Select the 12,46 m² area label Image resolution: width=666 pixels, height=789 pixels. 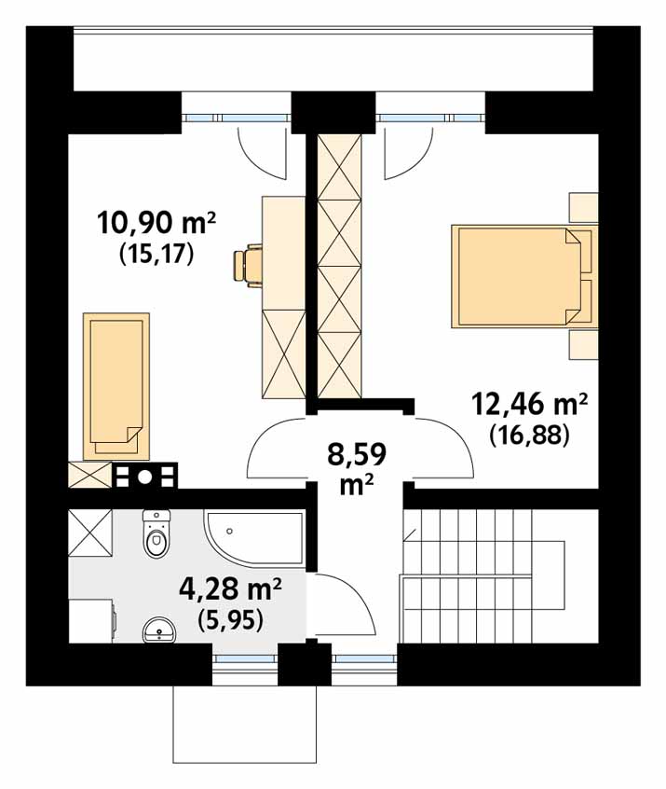pyautogui.click(x=529, y=404)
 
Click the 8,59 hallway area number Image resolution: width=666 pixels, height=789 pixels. pyautogui.click(x=357, y=454)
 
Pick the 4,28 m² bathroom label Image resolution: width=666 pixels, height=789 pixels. pyautogui.click(x=230, y=588)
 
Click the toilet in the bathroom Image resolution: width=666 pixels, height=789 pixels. pyautogui.click(x=156, y=533)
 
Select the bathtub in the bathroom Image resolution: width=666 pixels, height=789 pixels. pyautogui.click(x=254, y=540)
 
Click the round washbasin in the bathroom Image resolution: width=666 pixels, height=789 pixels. pyautogui.click(x=159, y=630)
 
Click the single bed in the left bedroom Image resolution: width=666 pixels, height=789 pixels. pyautogui.click(x=116, y=386)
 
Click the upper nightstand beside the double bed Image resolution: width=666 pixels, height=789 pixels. pyautogui.click(x=584, y=207)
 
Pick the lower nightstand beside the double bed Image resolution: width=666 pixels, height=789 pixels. pyautogui.click(x=584, y=345)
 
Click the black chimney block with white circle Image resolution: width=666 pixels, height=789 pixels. pyautogui.click(x=144, y=476)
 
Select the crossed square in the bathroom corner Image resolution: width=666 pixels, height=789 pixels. pyautogui.click(x=90, y=533)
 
